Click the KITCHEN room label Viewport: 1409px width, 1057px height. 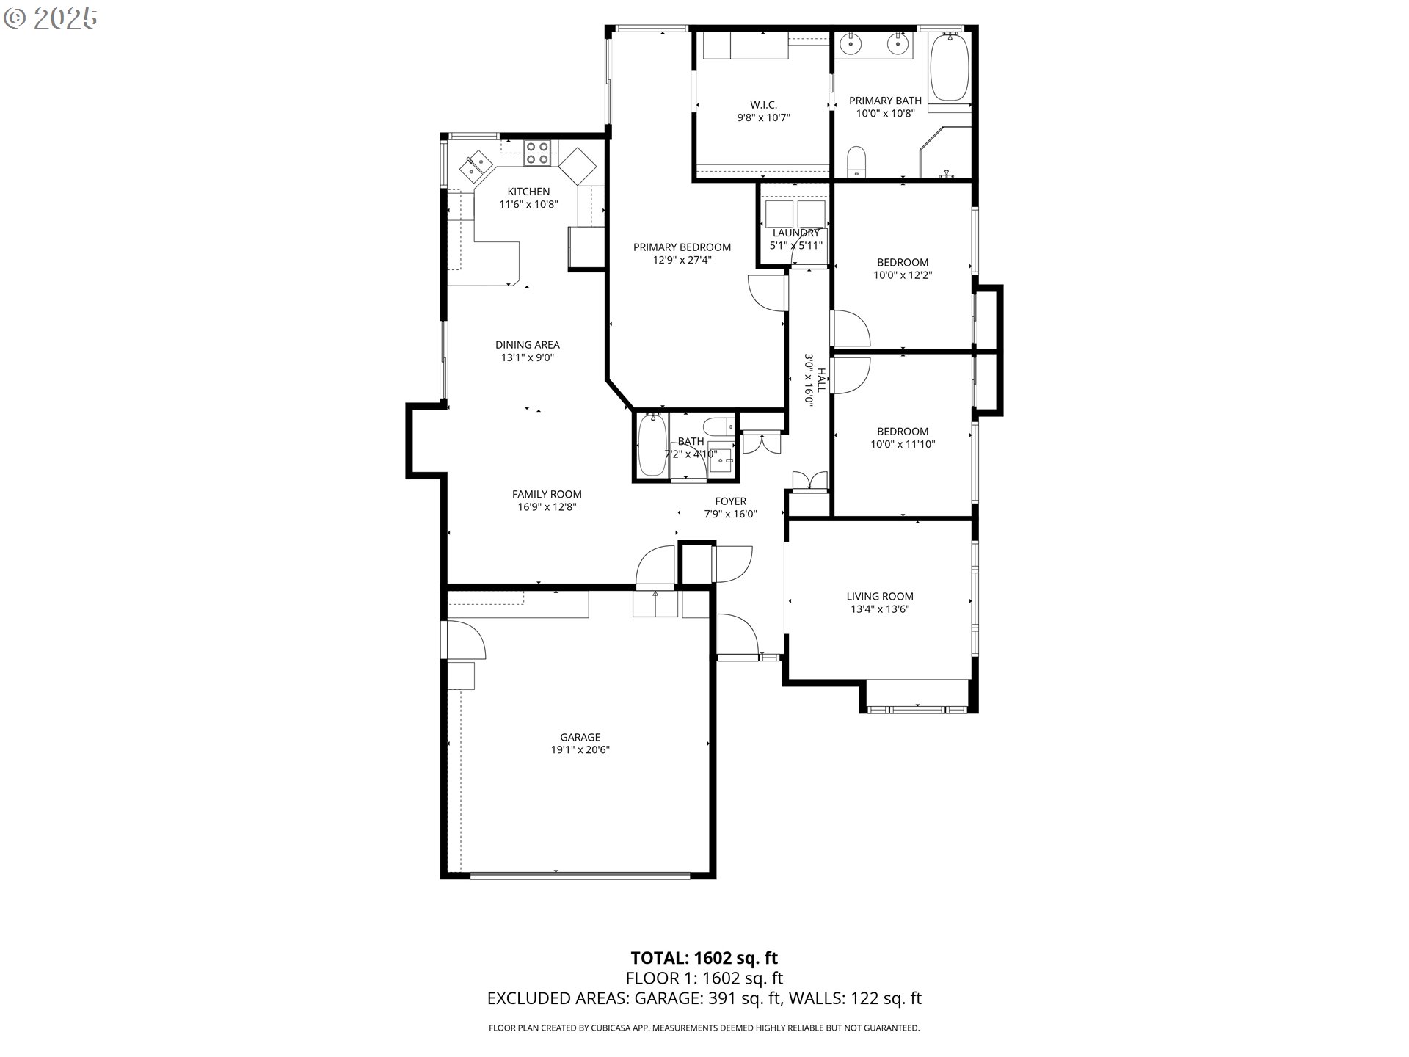click(x=528, y=192)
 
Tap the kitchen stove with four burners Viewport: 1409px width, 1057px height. click(x=537, y=152)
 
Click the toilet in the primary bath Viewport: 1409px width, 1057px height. click(x=856, y=161)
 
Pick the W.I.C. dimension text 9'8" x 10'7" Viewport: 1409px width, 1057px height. click(x=763, y=117)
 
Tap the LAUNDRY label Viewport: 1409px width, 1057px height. click(x=795, y=233)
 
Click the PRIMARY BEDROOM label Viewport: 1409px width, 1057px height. click(x=682, y=247)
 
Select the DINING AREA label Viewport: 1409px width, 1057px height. click(x=527, y=344)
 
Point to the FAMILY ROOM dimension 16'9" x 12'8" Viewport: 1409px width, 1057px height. click(x=547, y=506)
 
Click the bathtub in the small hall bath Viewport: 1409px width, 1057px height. click(x=652, y=446)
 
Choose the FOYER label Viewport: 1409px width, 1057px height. click(x=730, y=501)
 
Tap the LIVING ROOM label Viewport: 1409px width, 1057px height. click(x=879, y=597)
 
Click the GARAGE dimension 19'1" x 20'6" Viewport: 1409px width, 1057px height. click(x=580, y=749)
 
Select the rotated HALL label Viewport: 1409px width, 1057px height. click(x=821, y=380)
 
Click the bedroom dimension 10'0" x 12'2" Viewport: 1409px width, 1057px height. click(x=903, y=275)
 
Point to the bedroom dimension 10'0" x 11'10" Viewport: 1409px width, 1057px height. click(x=903, y=444)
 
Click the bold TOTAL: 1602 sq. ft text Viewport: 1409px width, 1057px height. click(x=704, y=958)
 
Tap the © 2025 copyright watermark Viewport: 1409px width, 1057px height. click(x=51, y=18)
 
